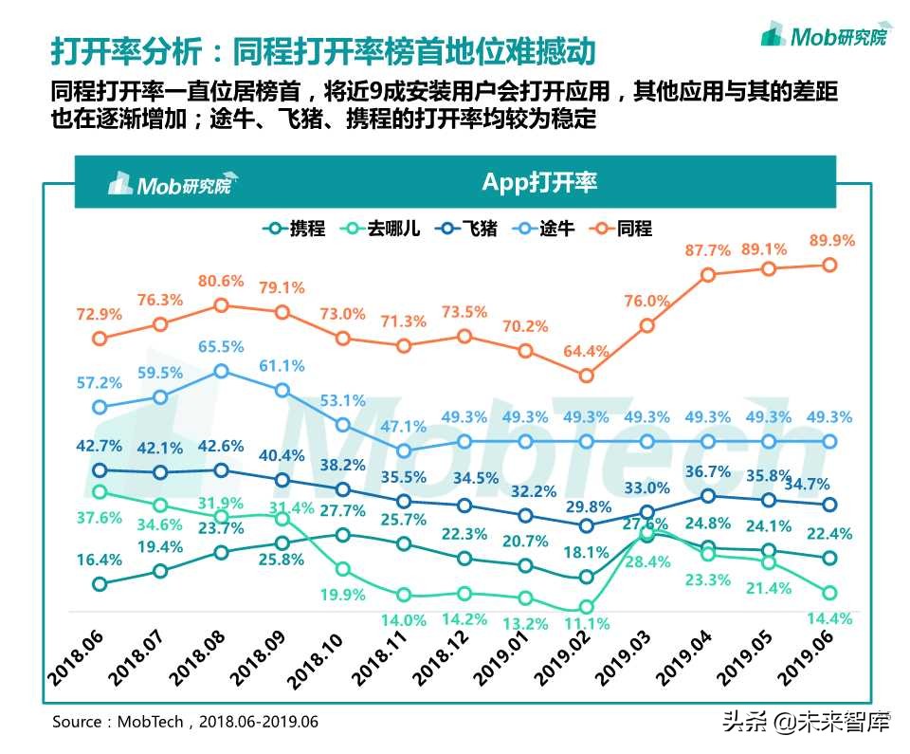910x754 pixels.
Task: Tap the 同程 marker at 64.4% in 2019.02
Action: click(x=586, y=375)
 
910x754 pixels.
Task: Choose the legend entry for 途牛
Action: click(x=544, y=229)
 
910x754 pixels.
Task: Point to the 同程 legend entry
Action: click(x=622, y=229)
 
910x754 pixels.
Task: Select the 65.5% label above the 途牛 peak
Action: click(x=221, y=347)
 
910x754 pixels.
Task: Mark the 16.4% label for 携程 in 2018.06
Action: click(x=100, y=560)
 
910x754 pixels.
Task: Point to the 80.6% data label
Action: click(x=221, y=282)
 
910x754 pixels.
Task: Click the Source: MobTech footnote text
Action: click(x=185, y=722)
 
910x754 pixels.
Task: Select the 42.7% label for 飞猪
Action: click(x=100, y=445)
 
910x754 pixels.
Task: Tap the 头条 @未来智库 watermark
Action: click(x=806, y=723)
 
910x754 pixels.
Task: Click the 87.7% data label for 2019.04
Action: click(x=707, y=250)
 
